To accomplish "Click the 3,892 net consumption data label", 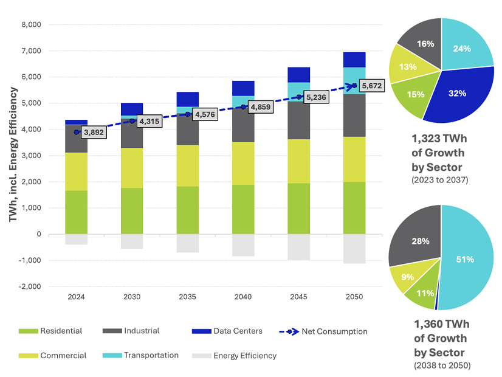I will click(x=92, y=132).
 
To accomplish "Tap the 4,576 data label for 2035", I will click(x=204, y=114).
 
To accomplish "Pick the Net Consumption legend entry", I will click(x=332, y=331).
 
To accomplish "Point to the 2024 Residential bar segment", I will click(x=77, y=212).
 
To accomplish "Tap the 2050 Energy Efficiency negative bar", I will click(x=354, y=249).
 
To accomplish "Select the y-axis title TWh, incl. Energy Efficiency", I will click(x=13, y=154).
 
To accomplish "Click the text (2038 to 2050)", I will click(x=441, y=366).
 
